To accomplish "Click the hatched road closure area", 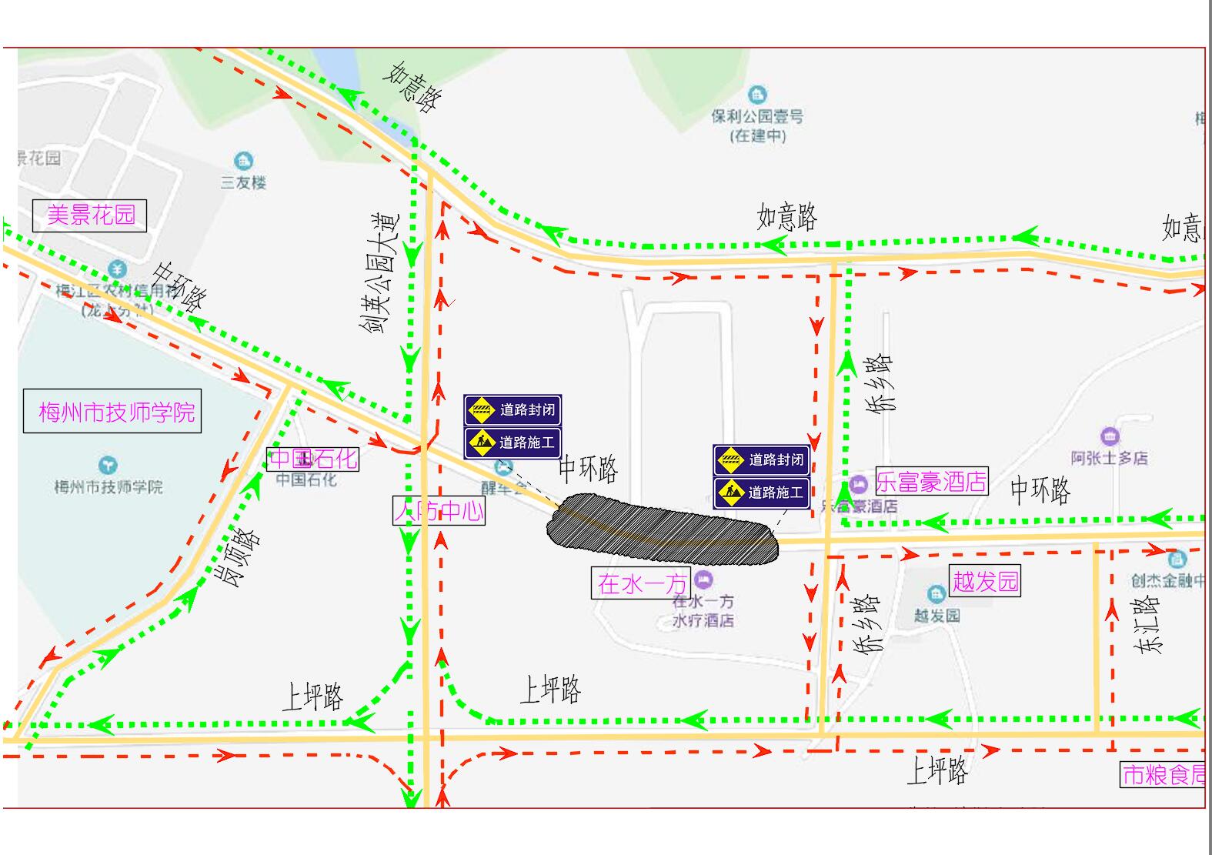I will pyautogui.click(x=662, y=532).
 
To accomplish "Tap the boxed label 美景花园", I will pyautogui.click(x=90, y=215).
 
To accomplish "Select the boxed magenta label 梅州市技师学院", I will pyautogui.click(x=112, y=412).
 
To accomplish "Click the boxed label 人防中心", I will pyautogui.click(x=439, y=510).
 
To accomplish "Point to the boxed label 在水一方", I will pyautogui.click(x=641, y=583).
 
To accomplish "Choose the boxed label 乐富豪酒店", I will pyautogui.click(x=930, y=483).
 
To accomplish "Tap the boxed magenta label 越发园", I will pyautogui.click(x=985, y=580).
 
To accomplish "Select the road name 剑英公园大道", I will pyautogui.click(x=381, y=273).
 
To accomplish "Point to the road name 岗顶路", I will pyautogui.click(x=242, y=556).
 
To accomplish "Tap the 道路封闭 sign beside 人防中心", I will pyautogui.click(x=513, y=409).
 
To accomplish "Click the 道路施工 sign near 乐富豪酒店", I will pyautogui.click(x=762, y=493).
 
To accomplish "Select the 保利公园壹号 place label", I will pyautogui.click(x=757, y=117).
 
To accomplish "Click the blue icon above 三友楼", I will pyautogui.click(x=244, y=161).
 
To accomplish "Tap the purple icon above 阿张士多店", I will pyautogui.click(x=1110, y=437).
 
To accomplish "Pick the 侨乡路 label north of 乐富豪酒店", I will pyautogui.click(x=880, y=383).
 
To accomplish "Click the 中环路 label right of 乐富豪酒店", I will pyautogui.click(x=1040, y=489).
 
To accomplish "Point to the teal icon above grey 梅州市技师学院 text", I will pyautogui.click(x=108, y=466).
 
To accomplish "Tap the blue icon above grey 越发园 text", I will pyautogui.click(x=936, y=594).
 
